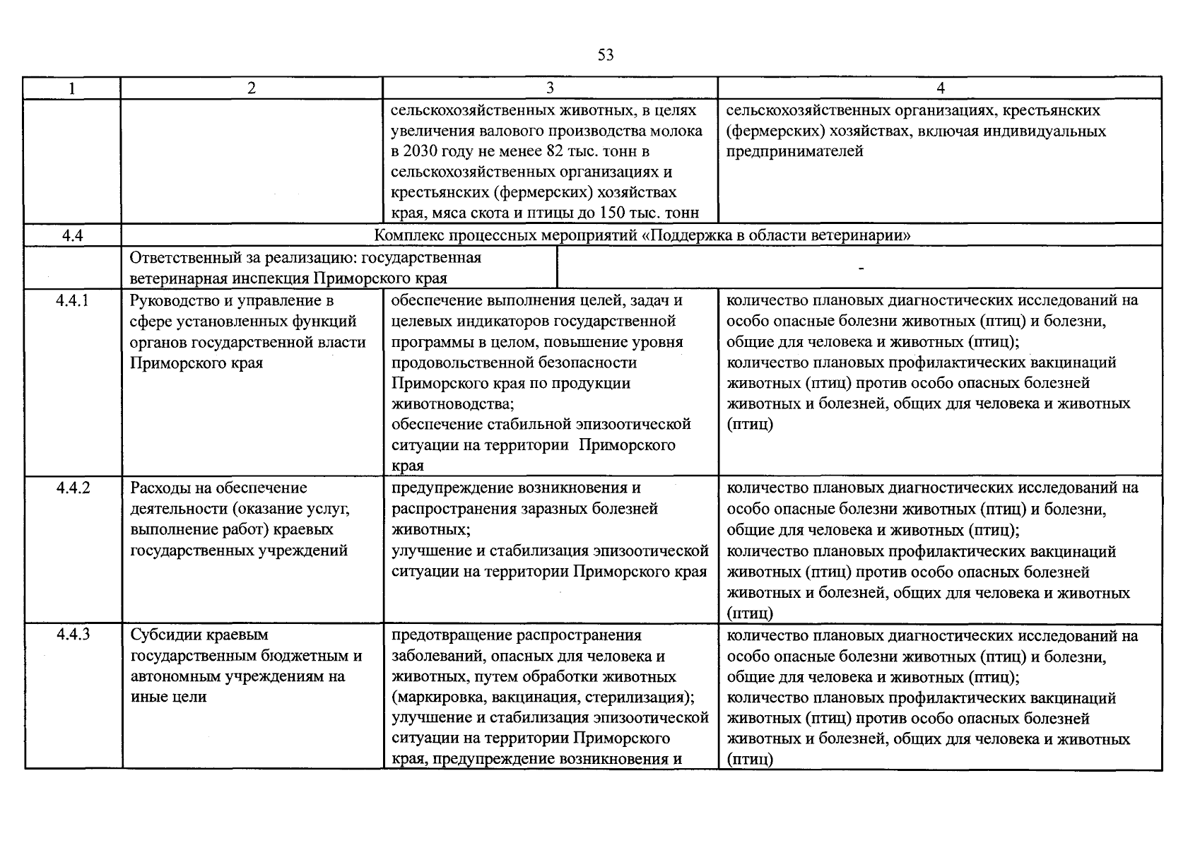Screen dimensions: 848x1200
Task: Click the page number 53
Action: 605,55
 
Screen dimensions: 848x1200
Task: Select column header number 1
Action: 71,88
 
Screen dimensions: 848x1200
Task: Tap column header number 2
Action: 252,88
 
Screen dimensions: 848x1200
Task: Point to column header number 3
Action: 550,88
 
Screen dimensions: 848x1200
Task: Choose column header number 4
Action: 940,88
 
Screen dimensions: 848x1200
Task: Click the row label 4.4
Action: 73,235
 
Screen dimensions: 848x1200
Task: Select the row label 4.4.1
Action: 73,301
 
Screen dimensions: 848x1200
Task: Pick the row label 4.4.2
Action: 73,488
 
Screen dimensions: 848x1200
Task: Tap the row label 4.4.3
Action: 73,635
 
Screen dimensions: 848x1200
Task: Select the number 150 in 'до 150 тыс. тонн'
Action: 613,213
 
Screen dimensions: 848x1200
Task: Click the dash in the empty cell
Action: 859,269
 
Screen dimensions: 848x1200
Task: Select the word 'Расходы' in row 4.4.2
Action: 160,488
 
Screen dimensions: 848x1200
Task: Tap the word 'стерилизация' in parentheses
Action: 641,697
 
